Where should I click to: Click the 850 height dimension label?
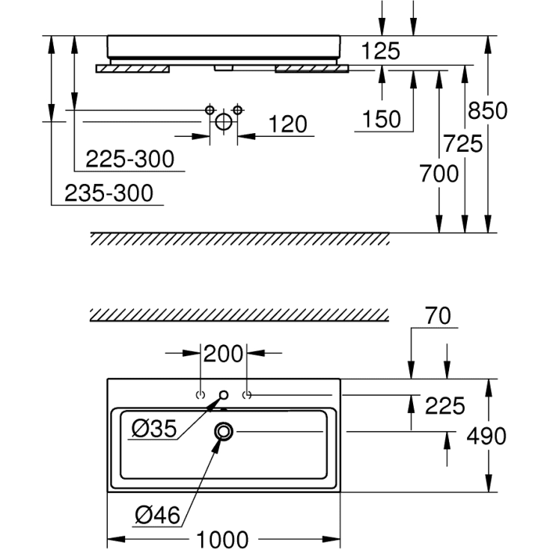487,111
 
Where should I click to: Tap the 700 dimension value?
439,174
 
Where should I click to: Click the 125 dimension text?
382,51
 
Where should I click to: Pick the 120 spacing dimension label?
287,124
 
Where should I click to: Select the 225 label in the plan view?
444,406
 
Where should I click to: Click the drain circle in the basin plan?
224,430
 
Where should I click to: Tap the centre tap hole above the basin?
224,394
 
